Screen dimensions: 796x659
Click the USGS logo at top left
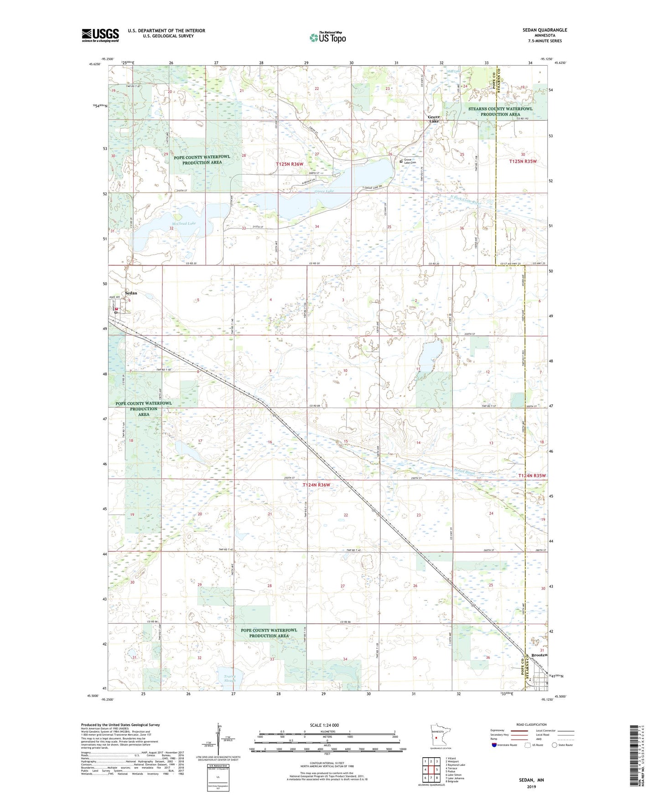100,35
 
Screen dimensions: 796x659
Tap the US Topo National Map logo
327,37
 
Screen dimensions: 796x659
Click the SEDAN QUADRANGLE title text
545,30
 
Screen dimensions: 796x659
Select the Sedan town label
131,293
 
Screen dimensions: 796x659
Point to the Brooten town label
539,655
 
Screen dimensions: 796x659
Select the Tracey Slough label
230,678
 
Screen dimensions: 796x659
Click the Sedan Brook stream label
464,473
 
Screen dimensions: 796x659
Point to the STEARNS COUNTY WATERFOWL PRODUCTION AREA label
500,111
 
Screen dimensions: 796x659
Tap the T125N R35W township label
523,161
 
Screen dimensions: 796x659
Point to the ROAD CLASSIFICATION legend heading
531,724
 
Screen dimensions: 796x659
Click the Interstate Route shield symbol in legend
494,745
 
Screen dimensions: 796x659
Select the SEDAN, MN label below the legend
531,780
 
